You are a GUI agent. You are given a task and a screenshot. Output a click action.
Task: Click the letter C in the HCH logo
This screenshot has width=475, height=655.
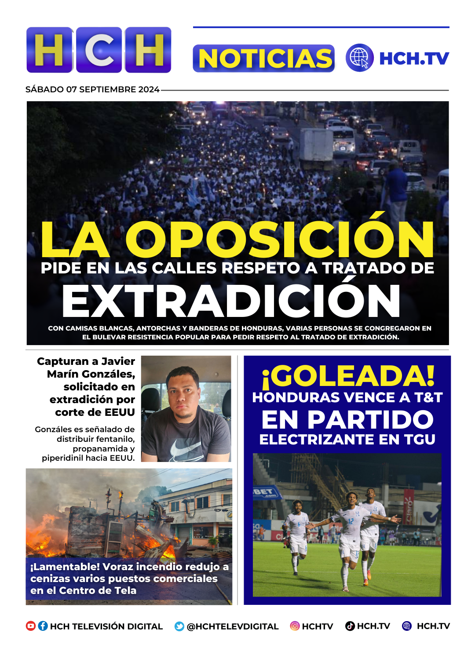click(99, 50)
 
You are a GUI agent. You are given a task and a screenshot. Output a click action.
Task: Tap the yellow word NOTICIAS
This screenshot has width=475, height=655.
click(264, 58)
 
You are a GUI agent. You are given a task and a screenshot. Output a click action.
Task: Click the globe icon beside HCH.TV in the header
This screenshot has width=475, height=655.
click(359, 58)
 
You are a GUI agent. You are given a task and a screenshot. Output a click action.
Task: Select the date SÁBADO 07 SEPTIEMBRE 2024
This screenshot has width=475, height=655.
click(92, 89)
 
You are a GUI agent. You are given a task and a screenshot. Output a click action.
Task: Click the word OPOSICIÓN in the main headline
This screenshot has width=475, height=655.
click(280, 240)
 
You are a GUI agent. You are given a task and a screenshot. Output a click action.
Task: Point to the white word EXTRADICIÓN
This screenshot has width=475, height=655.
click(231, 301)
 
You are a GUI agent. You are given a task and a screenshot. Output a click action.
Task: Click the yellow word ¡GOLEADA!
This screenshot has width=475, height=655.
click(348, 377)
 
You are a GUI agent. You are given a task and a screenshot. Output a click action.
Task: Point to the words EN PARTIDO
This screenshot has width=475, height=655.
click(347, 419)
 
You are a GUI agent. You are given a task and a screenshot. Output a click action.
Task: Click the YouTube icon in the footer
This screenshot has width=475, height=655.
click(31, 626)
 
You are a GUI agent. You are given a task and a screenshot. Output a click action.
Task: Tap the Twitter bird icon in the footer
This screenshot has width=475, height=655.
click(179, 626)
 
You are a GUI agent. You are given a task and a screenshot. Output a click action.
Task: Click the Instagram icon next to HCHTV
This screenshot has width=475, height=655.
click(295, 626)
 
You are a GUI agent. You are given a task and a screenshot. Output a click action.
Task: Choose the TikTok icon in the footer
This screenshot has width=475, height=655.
click(350, 626)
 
